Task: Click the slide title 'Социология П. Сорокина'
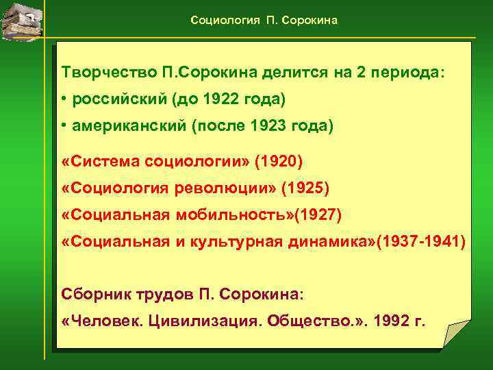tap(264, 21)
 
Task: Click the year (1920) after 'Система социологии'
tap(278, 162)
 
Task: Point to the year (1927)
tap(316, 215)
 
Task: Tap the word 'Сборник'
tap(91, 293)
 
